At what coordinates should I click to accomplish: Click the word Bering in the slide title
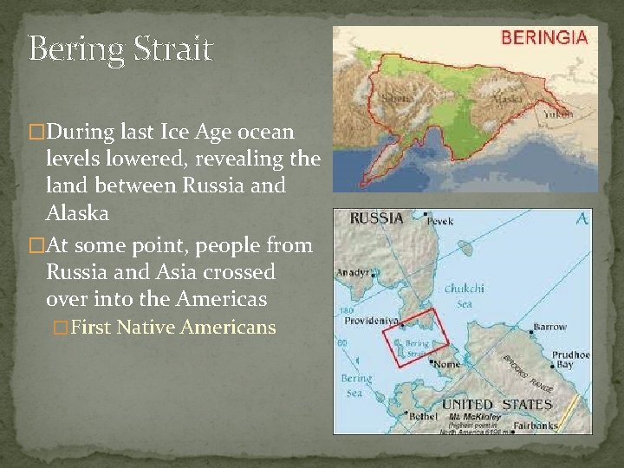tap(74, 50)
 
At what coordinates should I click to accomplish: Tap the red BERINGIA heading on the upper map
tap(544, 37)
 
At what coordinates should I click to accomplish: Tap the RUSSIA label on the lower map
tap(377, 218)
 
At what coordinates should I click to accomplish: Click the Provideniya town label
tap(371, 320)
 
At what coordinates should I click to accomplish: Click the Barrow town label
tap(549, 328)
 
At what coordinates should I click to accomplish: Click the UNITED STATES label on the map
tap(497, 404)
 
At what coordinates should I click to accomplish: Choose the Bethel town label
tap(424, 417)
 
